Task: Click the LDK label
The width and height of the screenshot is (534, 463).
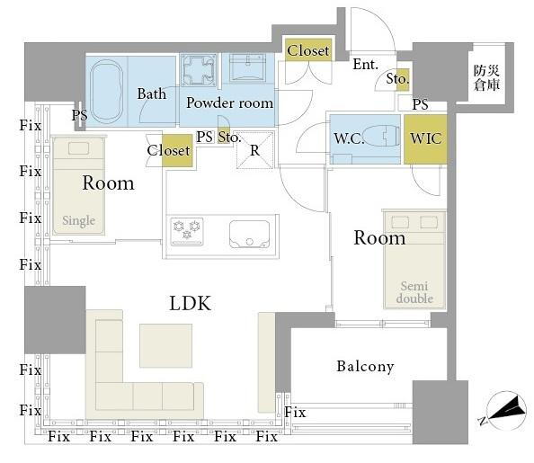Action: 191,303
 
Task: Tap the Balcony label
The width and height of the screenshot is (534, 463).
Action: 365,366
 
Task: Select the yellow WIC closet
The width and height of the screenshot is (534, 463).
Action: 425,139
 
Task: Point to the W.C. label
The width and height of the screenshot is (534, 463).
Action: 349,138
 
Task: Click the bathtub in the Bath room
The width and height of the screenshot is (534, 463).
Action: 107,92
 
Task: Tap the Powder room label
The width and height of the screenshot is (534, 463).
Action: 229,102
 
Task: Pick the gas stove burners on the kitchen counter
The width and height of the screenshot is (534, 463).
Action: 187,231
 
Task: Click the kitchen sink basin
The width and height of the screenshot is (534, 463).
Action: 250,234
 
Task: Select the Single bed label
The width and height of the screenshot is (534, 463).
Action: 79,221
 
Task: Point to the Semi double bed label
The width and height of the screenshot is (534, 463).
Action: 414,292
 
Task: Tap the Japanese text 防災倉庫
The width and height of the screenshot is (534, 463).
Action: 486,77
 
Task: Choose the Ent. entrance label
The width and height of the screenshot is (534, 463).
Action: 365,65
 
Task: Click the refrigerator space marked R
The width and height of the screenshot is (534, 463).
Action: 255,150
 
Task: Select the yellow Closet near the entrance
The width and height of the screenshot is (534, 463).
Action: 308,50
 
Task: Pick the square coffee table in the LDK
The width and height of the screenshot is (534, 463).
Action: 165,345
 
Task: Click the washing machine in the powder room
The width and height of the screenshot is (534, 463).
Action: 199,70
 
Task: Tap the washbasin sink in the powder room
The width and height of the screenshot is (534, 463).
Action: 247,67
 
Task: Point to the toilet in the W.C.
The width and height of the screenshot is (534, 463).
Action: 381,137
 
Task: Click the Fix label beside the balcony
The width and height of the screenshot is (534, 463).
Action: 295,413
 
